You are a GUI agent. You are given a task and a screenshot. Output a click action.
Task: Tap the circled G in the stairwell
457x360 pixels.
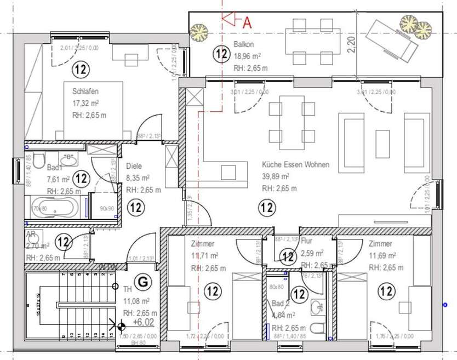[x=142, y=282]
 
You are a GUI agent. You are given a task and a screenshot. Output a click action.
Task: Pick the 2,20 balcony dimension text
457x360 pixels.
[x=351, y=42]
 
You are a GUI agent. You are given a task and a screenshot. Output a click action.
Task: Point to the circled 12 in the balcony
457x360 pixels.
[x=221, y=54]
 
